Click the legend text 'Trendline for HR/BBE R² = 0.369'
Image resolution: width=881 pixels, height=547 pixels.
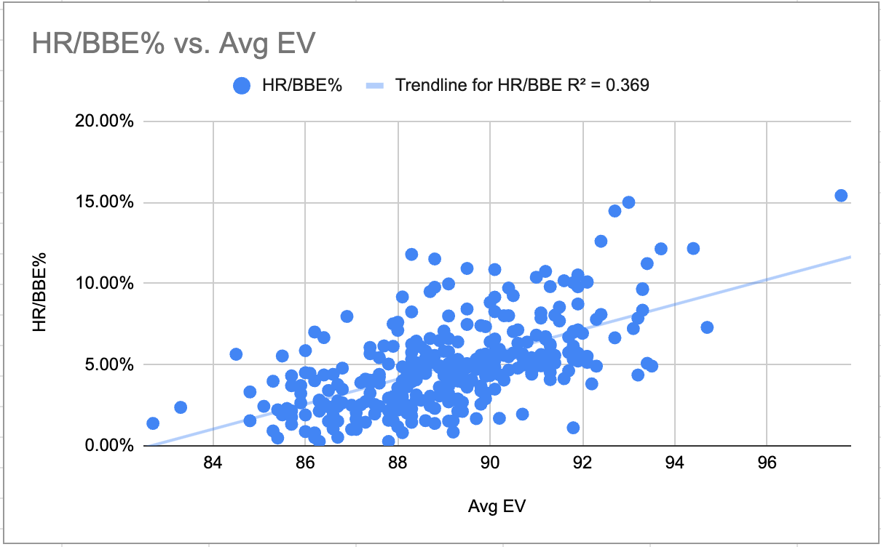[522, 86]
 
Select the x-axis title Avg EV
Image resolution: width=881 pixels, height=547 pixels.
[496, 506]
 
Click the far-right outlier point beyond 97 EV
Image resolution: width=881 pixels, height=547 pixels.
[841, 195]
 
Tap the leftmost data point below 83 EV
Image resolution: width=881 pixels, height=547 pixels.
[153, 423]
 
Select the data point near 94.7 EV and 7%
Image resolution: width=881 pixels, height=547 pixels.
[707, 327]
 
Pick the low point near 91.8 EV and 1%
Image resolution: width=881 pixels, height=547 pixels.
[573, 428]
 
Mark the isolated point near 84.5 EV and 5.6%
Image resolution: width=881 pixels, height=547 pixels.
[236, 354]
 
